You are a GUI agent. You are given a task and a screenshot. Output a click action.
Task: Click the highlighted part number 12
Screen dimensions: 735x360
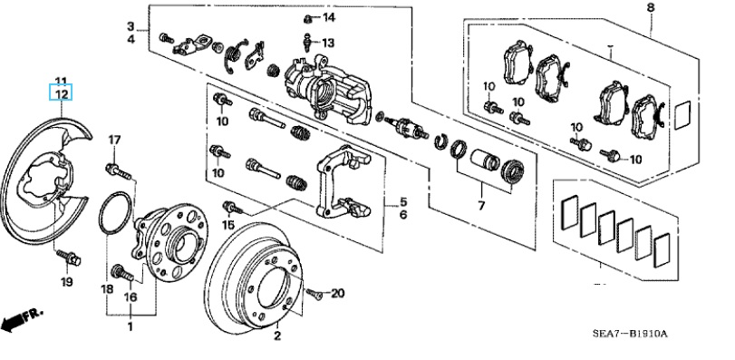[62, 94]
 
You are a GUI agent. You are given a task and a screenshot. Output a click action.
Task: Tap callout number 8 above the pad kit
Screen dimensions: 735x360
[650, 8]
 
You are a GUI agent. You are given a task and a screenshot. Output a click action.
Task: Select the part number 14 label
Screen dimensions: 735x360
[329, 18]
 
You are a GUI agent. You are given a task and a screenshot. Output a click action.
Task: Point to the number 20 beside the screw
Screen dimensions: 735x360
[337, 294]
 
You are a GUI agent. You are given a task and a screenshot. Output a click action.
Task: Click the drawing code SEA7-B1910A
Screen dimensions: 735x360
[630, 334]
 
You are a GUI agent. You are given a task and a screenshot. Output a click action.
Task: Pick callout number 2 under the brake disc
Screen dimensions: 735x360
[277, 336]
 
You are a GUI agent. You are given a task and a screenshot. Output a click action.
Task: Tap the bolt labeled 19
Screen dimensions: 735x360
[69, 258]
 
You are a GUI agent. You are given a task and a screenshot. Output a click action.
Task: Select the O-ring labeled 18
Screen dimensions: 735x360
[116, 212]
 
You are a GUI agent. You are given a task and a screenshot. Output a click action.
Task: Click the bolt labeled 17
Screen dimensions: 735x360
[118, 171]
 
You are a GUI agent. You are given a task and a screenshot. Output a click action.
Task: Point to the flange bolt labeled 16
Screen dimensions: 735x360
[123, 273]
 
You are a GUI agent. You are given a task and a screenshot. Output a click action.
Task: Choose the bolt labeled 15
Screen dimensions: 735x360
[233, 207]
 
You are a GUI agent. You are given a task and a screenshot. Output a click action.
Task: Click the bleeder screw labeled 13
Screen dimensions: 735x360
[308, 43]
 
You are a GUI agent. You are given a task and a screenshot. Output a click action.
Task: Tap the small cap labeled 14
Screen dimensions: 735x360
[308, 19]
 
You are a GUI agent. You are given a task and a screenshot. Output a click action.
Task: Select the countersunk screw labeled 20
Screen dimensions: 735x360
[314, 295]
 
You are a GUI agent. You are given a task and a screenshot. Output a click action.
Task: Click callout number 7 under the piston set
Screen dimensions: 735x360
[481, 205]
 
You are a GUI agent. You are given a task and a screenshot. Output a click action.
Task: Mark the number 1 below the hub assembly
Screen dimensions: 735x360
[131, 326]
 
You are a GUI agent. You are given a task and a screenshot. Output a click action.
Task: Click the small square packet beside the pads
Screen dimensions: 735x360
[682, 115]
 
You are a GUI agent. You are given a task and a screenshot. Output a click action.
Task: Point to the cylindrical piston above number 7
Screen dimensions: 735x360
[485, 160]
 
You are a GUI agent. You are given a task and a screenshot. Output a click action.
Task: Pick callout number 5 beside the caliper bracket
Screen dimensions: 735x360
[403, 202]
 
